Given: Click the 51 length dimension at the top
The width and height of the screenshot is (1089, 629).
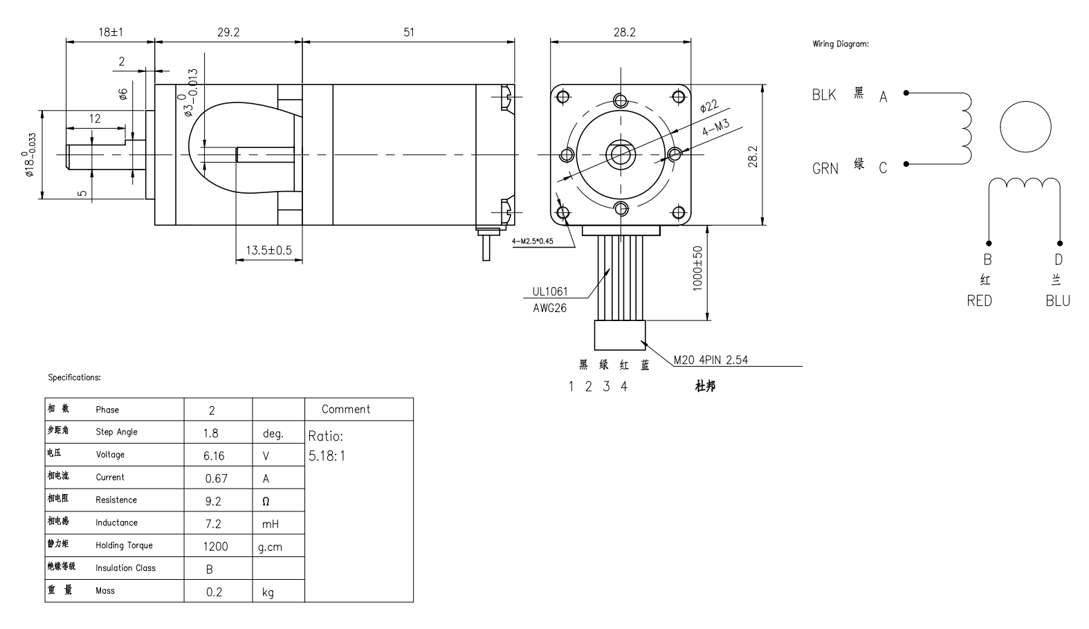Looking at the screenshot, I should [409, 32].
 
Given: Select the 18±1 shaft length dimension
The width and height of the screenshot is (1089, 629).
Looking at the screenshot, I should [110, 32].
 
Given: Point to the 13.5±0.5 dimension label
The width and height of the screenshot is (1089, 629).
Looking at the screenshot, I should [269, 250].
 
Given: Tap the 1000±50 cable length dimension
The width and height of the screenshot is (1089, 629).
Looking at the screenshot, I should [698, 268].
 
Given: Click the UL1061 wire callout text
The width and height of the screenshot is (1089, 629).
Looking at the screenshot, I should [550, 292].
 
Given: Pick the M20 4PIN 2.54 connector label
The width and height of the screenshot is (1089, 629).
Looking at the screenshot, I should [711, 360].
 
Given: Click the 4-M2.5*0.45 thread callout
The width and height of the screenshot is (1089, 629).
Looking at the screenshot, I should [534, 241].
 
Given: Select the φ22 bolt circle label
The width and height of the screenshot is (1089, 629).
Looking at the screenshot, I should [709, 107].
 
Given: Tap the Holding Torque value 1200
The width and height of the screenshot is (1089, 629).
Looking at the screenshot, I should [215, 547].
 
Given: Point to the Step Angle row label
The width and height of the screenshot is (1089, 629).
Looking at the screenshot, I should [116, 432].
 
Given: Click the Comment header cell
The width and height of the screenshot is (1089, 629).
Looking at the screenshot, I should [346, 409].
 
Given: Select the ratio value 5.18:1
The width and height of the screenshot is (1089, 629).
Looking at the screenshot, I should [327, 456].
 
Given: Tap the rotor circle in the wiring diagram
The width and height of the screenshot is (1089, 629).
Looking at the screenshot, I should [1025, 127].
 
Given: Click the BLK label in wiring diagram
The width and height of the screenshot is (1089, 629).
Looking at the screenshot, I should [824, 95].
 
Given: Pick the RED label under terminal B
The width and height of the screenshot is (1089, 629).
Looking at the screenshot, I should [979, 301].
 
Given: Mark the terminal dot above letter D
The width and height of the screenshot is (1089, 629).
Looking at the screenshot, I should [1059, 243].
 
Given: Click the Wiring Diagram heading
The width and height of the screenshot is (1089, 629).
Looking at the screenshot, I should [841, 44].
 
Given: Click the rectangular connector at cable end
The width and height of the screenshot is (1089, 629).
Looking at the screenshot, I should [620, 335].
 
